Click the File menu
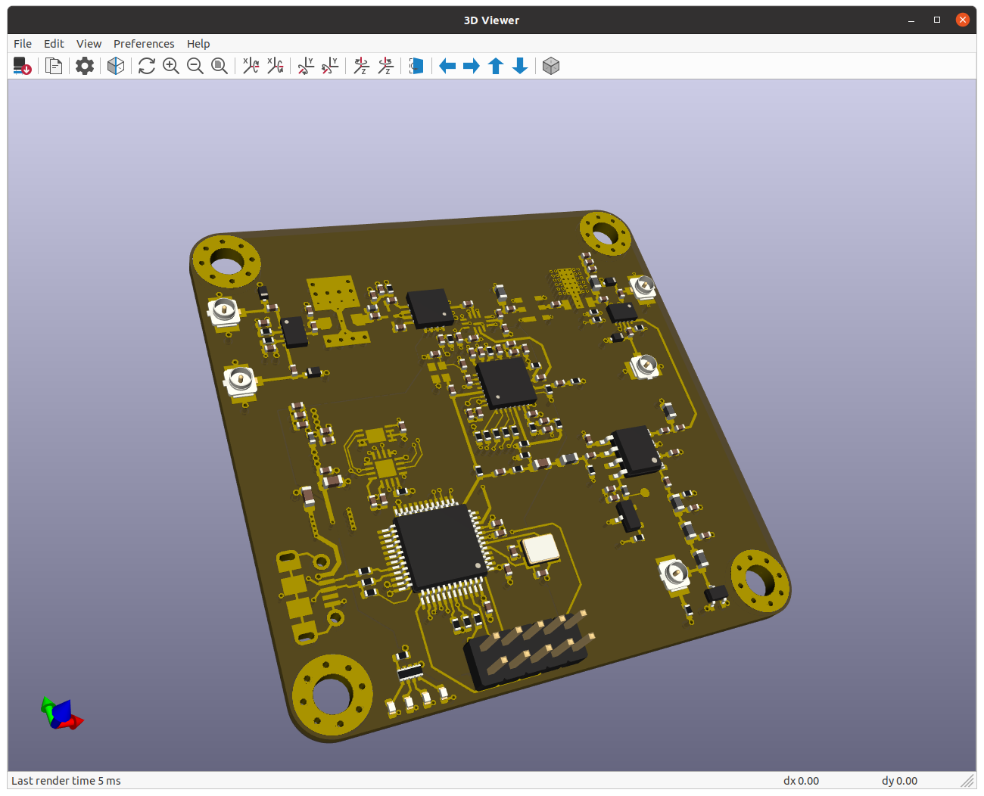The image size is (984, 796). (23, 44)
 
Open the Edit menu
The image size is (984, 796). (54, 44)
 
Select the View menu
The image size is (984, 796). (89, 44)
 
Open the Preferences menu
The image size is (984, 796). (144, 44)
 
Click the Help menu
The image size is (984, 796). (198, 44)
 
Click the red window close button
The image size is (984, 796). (963, 20)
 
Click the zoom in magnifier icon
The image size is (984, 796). (171, 67)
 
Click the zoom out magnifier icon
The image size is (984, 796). (195, 67)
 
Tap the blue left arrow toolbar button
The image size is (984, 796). (447, 67)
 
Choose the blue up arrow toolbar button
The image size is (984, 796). (496, 67)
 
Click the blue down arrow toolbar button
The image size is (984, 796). (520, 67)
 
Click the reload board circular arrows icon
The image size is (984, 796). (147, 67)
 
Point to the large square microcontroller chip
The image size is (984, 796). (435, 546)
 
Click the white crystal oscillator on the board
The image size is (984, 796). (540, 549)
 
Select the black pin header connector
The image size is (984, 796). (527, 652)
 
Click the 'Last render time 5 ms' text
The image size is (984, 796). (66, 781)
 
